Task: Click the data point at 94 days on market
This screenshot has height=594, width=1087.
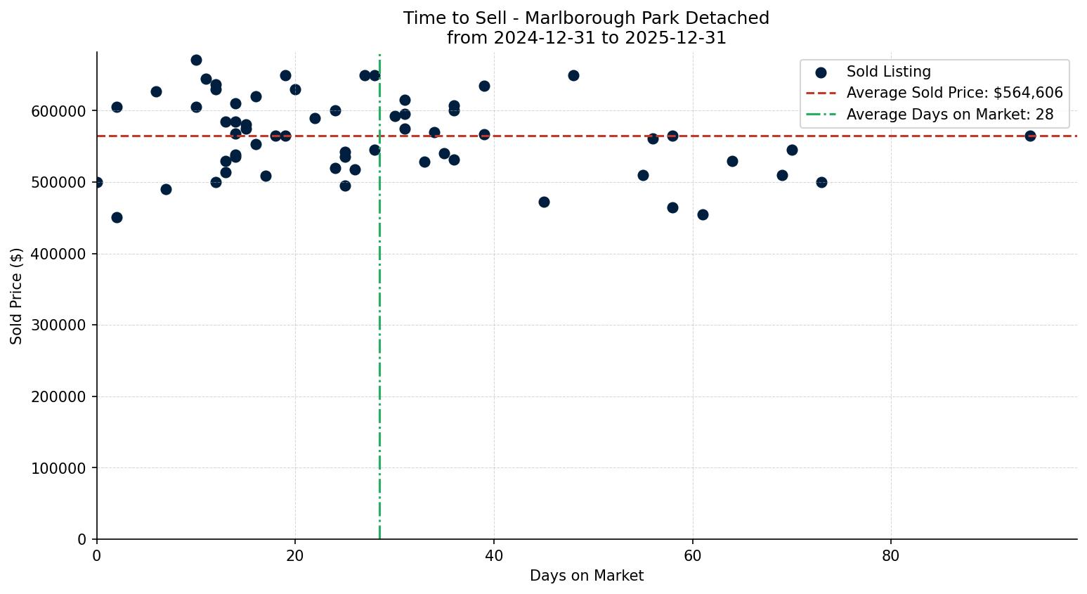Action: point(1030,136)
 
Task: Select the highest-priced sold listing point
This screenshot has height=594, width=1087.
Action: point(196,60)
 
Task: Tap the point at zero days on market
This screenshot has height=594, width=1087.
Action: point(97,182)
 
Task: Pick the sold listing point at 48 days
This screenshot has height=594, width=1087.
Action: point(573,75)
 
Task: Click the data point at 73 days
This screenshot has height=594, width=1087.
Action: point(821,182)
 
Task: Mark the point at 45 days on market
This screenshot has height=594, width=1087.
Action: point(544,202)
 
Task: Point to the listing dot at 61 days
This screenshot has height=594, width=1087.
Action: point(703,214)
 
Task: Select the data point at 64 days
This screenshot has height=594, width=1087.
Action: point(732,161)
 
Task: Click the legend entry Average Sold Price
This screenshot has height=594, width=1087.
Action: point(954,93)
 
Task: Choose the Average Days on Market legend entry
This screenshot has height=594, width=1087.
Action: point(949,115)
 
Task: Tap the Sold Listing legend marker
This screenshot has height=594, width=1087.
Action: point(821,72)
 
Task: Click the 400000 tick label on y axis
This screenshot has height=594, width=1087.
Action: point(58,254)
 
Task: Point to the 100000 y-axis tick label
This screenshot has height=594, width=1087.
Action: point(58,468)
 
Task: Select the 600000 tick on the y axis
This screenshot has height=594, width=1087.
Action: point(58,111)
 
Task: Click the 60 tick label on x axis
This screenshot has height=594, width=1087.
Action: point(693,555)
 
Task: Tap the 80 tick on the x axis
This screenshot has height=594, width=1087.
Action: point(891,555)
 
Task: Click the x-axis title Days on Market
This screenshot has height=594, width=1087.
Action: point(587,576)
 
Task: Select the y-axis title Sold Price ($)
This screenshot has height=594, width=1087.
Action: point(17,296)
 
